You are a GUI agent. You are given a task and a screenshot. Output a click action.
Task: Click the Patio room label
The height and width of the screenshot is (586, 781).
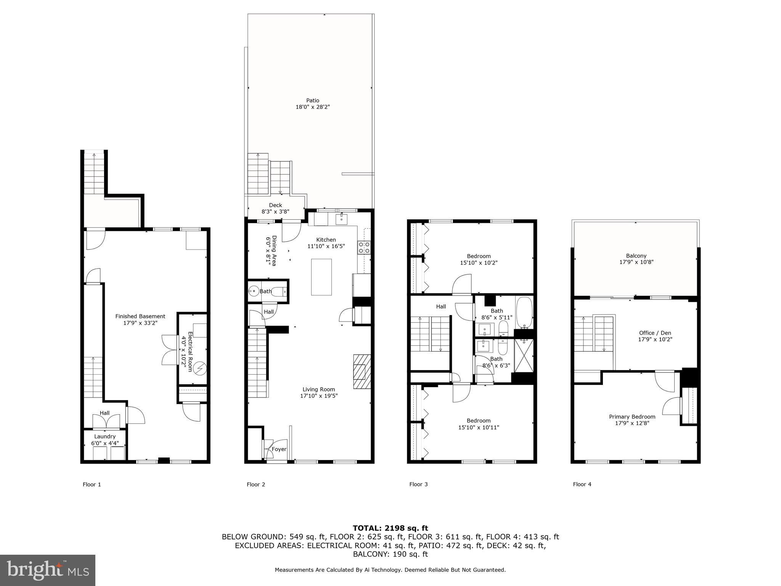click(312, 101)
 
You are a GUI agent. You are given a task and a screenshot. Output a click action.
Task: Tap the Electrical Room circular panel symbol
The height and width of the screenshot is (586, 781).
click(199, 369)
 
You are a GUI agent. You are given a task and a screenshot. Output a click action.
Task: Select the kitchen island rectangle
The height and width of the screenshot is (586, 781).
click(321, 277)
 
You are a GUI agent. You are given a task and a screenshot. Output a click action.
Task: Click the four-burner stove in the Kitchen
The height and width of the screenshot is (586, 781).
click(364, 248)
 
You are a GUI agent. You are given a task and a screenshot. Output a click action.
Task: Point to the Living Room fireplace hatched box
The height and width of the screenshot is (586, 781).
click(362, 372)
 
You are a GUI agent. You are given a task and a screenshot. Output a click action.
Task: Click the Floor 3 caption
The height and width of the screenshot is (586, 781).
click(418, 484)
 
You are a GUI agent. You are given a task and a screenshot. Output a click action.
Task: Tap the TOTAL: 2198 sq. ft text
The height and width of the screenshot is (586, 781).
click(390, 528)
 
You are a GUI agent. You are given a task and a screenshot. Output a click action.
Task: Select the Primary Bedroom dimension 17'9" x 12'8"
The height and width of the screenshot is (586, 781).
click(632, 423)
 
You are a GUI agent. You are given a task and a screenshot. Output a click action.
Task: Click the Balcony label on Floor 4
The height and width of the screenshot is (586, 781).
click(636, 256)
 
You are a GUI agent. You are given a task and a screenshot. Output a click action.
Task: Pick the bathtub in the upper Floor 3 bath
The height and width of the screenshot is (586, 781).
click(524, 312)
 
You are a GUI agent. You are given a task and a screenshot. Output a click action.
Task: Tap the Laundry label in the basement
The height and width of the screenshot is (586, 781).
click(105, 436)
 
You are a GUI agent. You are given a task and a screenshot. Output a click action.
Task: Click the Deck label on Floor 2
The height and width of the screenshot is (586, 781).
click(275, 205)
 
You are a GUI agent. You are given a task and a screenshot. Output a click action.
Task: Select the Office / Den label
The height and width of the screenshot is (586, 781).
click(655, 333)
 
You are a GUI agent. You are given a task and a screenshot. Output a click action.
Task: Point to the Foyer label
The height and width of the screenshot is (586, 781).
click(279, 449)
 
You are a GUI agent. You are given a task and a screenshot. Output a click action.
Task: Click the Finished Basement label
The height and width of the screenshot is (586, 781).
click(140, 316)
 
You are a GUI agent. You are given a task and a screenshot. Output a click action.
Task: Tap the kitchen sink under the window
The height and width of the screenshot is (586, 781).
click(341, 219)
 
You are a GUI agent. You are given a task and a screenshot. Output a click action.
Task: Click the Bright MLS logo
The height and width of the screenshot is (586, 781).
click(48, 570)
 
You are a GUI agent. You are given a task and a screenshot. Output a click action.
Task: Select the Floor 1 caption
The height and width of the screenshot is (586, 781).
click(92, 485)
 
